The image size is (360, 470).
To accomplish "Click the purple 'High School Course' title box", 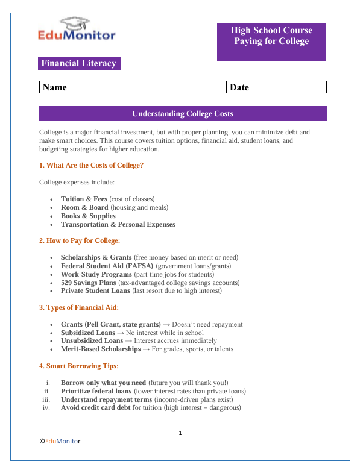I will pos(271,42).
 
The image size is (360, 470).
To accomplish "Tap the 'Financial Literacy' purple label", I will pos(79,64).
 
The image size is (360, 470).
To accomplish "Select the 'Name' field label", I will pos(55,87).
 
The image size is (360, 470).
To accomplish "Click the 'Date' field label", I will pos(239,87).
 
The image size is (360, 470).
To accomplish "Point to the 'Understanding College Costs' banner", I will pos(182,113).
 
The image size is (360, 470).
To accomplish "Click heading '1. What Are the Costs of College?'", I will pos(91,165).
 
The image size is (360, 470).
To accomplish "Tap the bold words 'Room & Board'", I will pos(84,207).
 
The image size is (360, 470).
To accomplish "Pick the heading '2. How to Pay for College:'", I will pos(80,240).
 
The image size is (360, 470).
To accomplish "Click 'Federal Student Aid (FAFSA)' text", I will pos(107,266).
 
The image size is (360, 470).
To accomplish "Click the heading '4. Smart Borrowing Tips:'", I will pos(78,366).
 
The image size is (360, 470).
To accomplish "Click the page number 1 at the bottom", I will pos(180,433).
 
